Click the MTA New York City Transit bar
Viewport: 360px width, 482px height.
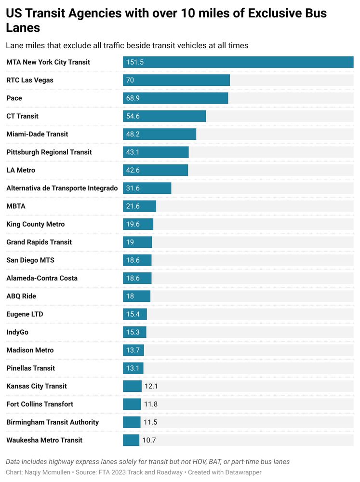tap(238, 62)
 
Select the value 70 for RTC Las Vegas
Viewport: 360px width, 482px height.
tap(130, 80)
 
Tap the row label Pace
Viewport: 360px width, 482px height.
tap(14, 98)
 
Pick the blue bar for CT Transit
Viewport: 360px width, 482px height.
tap(164, 116)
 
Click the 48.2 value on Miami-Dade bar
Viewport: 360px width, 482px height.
tap(133, 134)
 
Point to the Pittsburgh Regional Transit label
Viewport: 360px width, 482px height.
tap(49, 152)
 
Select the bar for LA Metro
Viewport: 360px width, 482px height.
tap(155, 170)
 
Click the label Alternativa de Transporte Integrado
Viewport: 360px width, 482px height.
tap(62, 188)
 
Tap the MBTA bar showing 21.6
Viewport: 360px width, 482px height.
tap(139, 206)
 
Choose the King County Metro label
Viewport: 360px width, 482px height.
tap(36, 224)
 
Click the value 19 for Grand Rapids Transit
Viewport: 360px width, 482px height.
tap(130, 242)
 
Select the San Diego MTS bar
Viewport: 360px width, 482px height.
tap(137, 260)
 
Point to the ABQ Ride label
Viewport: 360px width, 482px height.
tap(21, 296)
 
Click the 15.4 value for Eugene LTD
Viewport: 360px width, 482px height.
tap(133, 314)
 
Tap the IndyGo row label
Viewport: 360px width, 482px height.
tap(17, 332)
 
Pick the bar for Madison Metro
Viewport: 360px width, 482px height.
tap(133, 350)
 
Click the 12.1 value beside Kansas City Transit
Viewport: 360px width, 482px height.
tap(151, 386)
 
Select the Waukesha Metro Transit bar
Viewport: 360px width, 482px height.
tap(131, 440)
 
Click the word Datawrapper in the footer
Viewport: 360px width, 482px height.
tap(240, 472)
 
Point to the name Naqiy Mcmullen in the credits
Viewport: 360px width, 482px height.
tap(47, 472)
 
